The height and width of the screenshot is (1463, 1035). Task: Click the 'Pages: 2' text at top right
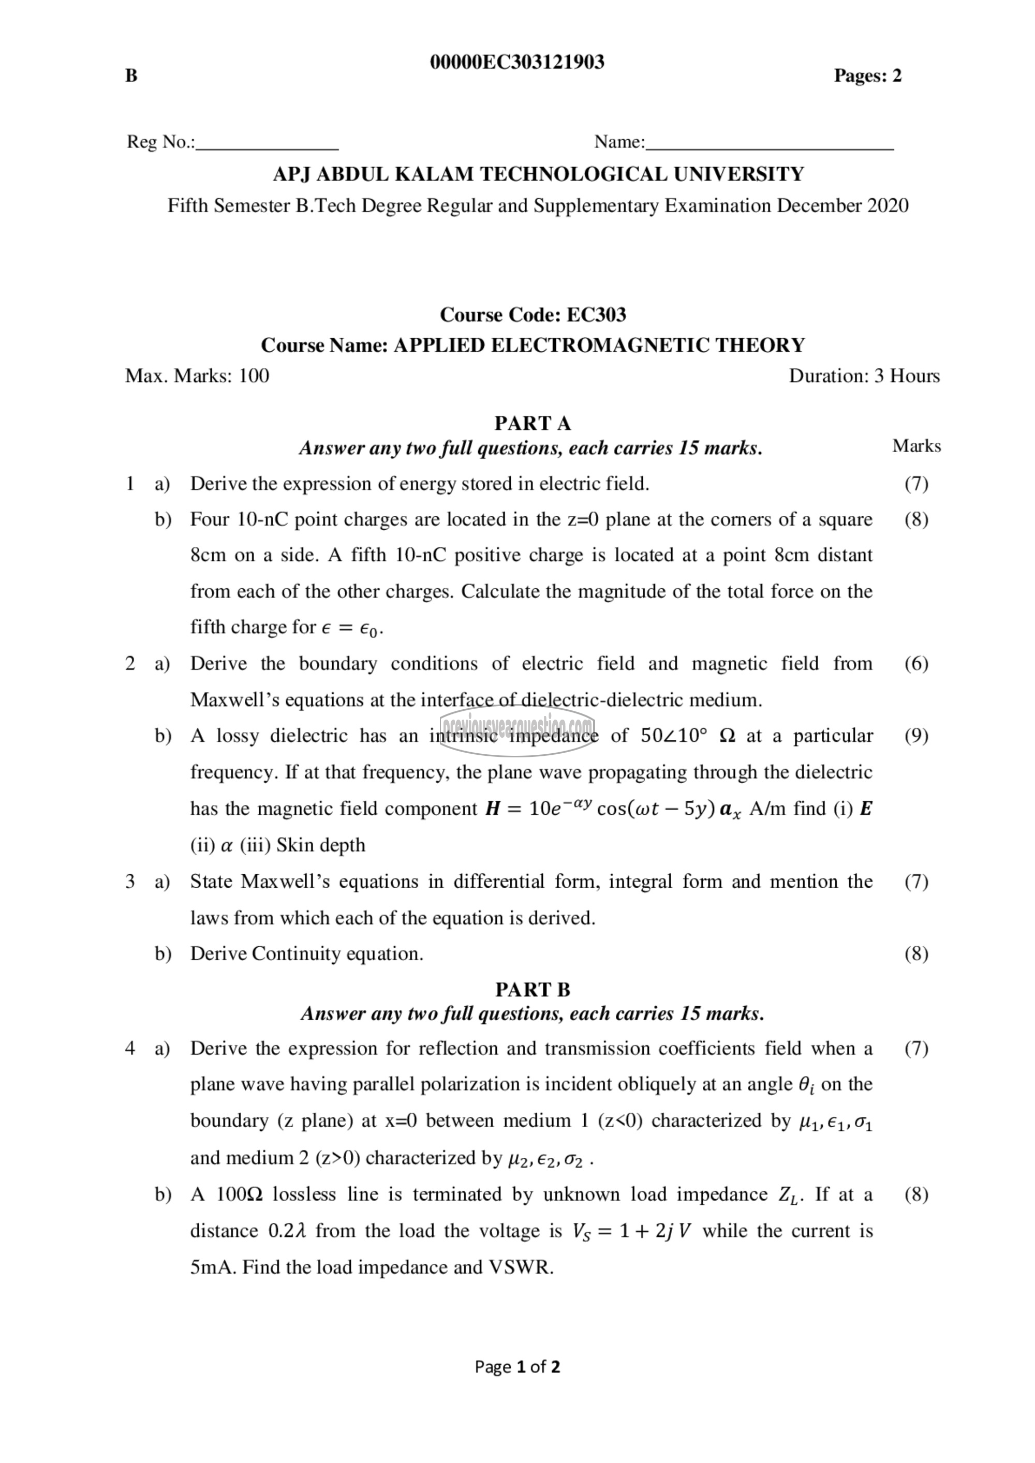click(867, 76)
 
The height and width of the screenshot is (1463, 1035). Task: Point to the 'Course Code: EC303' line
click(533, 315)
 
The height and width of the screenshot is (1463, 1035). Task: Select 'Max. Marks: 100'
click(197, 376)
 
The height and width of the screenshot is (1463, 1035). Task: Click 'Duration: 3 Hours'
click(864, 376)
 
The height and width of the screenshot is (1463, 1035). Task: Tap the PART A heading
click(533, 423)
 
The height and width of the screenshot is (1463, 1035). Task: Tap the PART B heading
click(533, 990)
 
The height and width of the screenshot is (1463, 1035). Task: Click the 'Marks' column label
click(916, 446)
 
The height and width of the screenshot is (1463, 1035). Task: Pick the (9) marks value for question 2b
click(916, 736)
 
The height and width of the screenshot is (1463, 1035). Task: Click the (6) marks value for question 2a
click(916, 664)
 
